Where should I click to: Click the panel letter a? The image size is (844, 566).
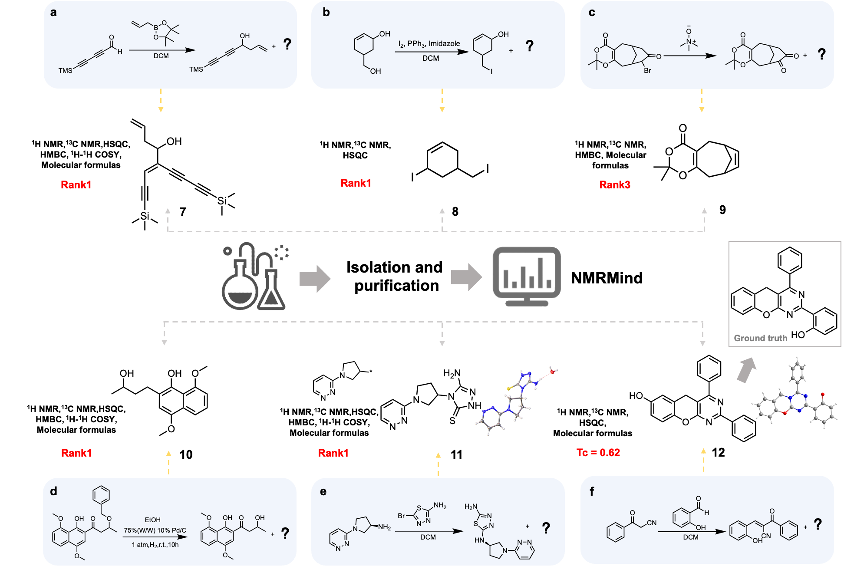coord(53,13)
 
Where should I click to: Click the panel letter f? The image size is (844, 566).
coord(592,491)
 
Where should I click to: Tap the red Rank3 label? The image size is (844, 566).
coord(614,185)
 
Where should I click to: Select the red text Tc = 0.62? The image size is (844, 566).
coord(598,453)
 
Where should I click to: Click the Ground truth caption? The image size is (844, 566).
coord(760,338)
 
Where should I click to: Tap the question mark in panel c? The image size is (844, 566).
coord(821,54)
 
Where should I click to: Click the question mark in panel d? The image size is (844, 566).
coord(285,533)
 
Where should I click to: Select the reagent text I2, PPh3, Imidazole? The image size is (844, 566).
coord(429,44)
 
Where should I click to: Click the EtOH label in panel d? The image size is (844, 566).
coord(153,520)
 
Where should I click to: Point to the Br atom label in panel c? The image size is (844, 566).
coord(647,71)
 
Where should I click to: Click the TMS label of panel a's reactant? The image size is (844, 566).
coord(66,71)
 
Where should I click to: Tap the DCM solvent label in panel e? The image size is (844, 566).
coord(428,537)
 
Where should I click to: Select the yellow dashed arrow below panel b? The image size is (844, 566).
coord(442,101)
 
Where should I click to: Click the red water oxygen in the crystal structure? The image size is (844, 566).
coord(552,372)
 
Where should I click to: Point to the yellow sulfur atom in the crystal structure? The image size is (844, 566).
coord(508,388)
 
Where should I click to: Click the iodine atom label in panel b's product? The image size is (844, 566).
coord(491,72)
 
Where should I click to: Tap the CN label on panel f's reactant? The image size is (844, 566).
coord(652,523)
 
